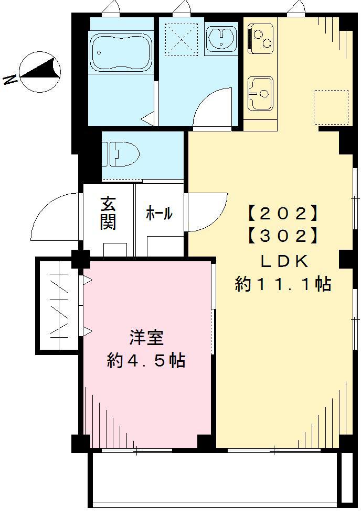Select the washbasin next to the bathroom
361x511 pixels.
pos(222,39)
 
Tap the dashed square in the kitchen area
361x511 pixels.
pos(331,107)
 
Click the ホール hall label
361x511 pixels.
pos(158,213)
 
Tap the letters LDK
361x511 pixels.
pos(283,261)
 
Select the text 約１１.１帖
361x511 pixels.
pos(283,284)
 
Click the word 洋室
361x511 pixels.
pos(146,338)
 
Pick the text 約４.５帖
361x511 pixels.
pos(146,361)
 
